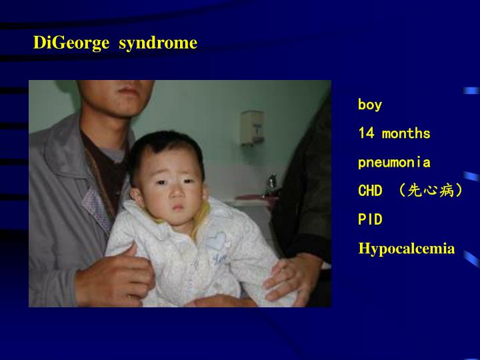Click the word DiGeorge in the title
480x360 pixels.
pyautogui.click(x=71, y=43)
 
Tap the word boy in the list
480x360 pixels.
pyautogui.click(x=370, y=105)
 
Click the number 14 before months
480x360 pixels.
pyautogui.click(x=366, y=133)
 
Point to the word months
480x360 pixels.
pyautogui.click(x=407, y=133)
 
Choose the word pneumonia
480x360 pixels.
pyautogui.click(x=394, y=162)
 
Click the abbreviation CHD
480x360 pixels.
pyautogui.click(x=370, y=191)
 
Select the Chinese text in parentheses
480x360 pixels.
pyautogui.click(x=431, y=191)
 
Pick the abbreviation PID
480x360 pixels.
pyautogui.click(x=370, y=219)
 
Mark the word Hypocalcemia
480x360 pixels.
pyautogui.click(x=407, y=249)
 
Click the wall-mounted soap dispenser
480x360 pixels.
pyautogui.click(x=252, y=126)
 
